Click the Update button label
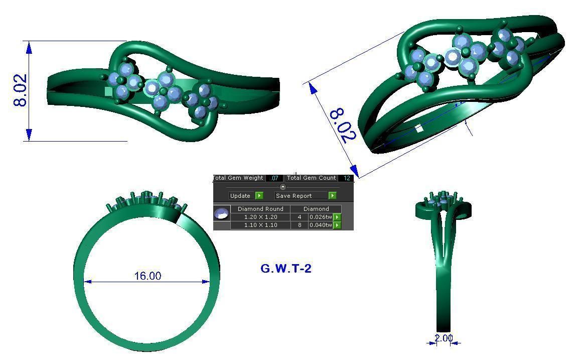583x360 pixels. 240,196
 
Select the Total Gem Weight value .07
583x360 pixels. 274,178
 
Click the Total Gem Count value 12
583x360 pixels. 347,178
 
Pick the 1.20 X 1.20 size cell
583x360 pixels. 260,217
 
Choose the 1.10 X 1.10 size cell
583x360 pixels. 260,225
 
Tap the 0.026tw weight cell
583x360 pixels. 321,217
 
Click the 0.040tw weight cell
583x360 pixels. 321,225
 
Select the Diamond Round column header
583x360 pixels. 260,209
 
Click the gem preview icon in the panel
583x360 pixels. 222,213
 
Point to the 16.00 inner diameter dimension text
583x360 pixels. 148,276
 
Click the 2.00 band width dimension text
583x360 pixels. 444,338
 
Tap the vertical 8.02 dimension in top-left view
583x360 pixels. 21,90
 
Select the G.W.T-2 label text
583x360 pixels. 286,269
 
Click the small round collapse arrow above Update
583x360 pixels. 282,187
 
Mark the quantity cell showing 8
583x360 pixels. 300,225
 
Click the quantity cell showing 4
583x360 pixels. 300,217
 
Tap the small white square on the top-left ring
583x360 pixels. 109,91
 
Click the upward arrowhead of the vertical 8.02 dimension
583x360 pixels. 29,47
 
